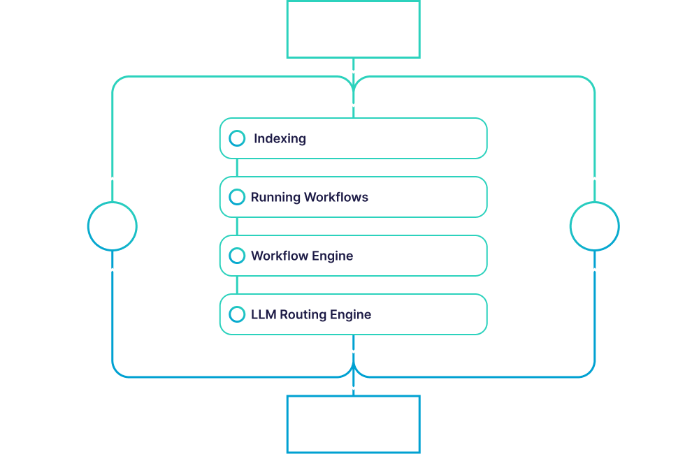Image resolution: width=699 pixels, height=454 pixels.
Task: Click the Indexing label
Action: pyautogui.click(x=280, y=138)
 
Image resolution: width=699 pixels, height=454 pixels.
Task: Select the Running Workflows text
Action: pyautogui.click(x=310, y=197)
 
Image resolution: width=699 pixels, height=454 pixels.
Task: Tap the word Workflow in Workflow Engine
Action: pyautogui.click(x=278, y=256)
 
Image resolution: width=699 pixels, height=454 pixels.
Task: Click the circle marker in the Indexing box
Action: pyautogui.click(x=237, y=138)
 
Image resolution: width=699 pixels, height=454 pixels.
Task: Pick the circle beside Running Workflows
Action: pyautogui.click(x=237, y=197)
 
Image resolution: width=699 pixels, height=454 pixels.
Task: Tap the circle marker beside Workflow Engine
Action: pyautogui.click(x=237, y=256)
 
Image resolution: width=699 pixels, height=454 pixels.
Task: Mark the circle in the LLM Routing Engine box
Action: pyautogui.click(x=237, y=314)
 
